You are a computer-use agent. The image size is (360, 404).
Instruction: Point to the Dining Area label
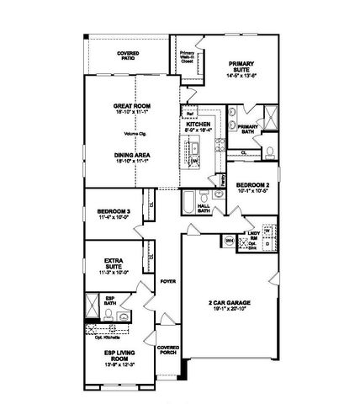[130, 155]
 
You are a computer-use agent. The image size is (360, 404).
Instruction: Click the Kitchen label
[199, 124]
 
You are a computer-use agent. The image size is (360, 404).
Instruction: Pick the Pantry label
[222, 179]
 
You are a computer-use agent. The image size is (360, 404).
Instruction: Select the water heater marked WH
[229, 241]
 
